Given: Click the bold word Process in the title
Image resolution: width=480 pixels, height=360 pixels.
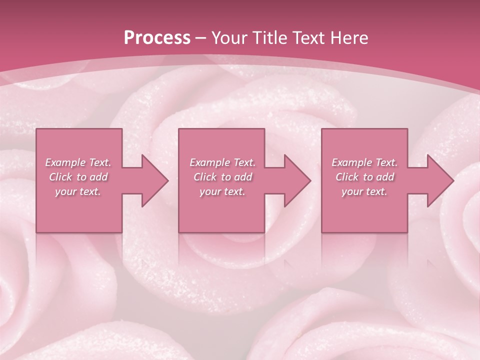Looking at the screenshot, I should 157,38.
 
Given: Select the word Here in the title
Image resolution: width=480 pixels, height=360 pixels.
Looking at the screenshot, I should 349,38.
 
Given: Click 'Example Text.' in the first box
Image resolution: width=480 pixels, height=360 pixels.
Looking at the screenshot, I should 78,162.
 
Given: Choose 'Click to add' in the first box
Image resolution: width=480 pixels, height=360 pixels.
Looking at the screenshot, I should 78,177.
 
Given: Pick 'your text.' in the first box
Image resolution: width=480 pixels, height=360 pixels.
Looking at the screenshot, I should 78,191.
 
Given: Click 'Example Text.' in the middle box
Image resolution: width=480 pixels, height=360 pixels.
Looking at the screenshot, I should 222,162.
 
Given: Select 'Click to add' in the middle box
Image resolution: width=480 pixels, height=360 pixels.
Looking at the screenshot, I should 222,177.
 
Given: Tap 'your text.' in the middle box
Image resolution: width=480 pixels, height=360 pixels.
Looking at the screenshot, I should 222,191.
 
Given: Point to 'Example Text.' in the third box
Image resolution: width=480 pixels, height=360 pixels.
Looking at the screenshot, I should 364,162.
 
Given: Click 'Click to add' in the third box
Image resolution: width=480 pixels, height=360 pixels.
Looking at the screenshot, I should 364,177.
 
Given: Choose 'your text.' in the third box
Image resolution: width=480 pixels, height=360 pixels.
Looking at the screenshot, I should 364,191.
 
